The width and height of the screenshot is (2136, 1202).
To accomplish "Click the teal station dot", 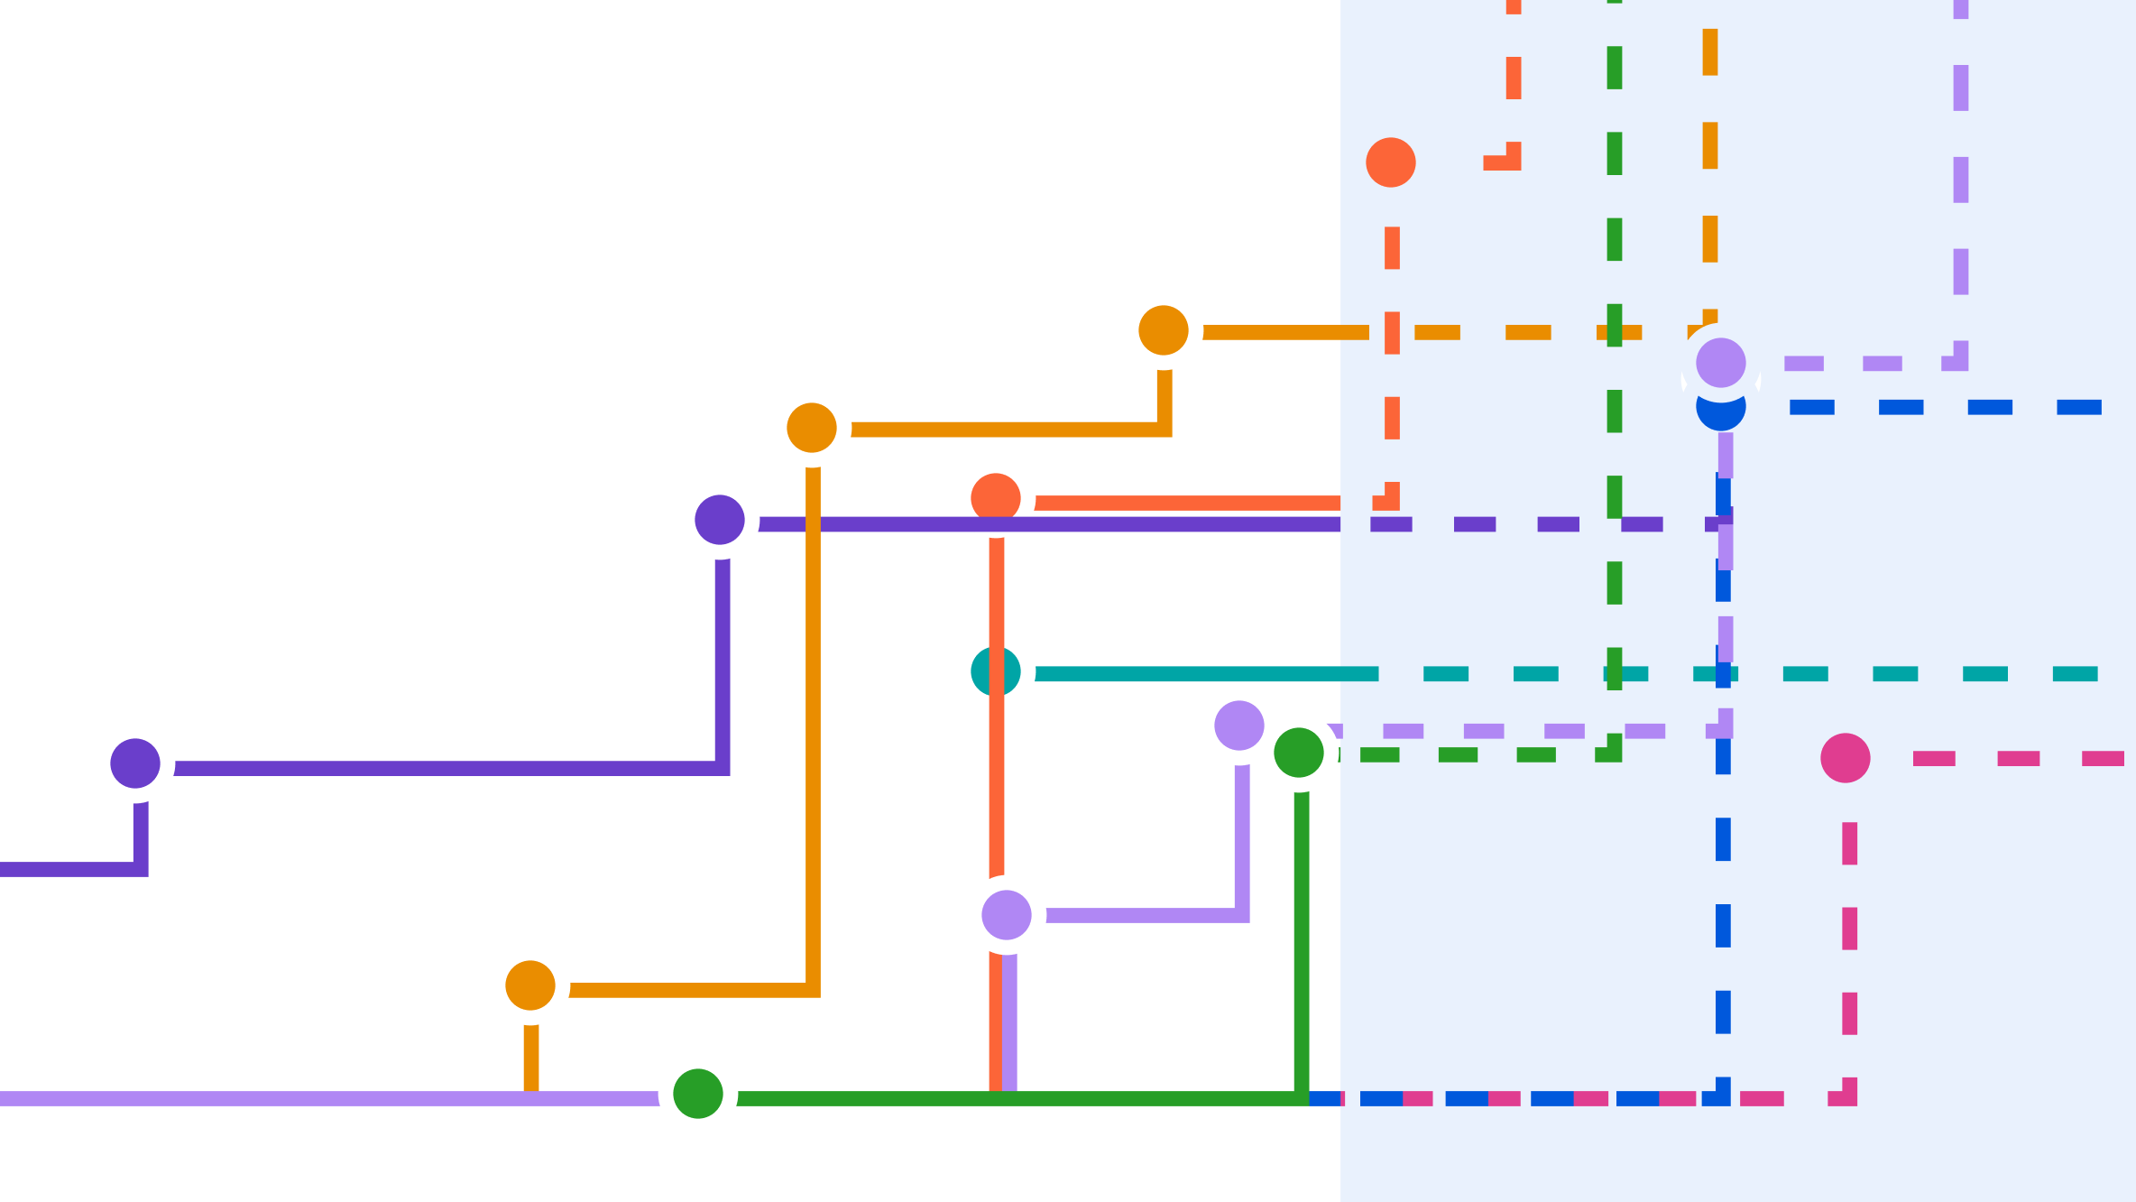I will point(996,671).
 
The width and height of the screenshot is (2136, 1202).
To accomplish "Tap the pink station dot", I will point(1846,758).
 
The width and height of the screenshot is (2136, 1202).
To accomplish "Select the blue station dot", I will point(1721,409).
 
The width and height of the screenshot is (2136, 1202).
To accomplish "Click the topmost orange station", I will point(1164,330).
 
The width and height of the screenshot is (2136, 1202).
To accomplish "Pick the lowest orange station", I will point(530,985).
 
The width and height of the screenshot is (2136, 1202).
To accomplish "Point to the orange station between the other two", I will point(812,428).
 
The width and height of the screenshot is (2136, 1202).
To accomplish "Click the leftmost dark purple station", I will point(135,763).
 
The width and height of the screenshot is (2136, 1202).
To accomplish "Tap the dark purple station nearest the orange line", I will point(720,520).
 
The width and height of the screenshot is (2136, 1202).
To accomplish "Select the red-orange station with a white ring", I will point(996,498).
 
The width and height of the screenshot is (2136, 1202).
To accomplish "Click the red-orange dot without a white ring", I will point(1391,162).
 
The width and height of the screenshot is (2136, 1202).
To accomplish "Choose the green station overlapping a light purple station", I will point(1299,753).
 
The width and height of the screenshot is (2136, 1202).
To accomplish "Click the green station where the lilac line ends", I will point(698,1094).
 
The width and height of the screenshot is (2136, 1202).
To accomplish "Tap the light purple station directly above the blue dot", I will point(1721,363).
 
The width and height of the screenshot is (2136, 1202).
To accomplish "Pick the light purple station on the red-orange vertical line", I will point(1007,915).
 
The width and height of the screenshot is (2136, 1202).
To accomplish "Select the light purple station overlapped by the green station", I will point(1239,726).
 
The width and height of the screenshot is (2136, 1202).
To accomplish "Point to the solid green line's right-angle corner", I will point(1302,1098).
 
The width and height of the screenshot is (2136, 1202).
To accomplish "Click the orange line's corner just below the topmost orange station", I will point(1165,430).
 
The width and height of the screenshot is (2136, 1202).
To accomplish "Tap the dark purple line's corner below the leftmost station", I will point(141,869).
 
